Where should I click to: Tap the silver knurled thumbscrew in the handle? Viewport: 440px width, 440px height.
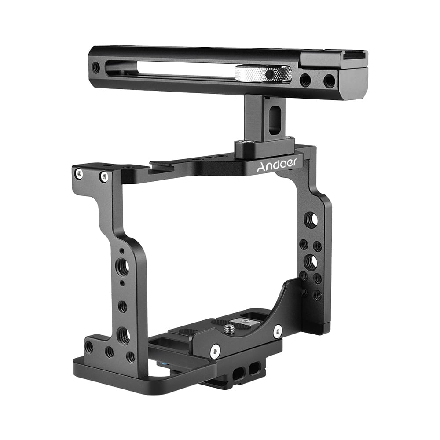pyautogui.click(x=263, y=73)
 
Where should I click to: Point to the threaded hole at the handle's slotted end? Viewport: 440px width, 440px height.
pyautogui.click(x=95, y=67)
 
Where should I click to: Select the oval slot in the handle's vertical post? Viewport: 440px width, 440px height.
pyautogui.click(x=274, y=119)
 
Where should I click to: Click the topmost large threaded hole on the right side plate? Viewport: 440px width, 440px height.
pyautogui.click(x=311, y=220)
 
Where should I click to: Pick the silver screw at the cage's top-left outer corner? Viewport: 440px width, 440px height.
pyautogui.click(x=79, y=173)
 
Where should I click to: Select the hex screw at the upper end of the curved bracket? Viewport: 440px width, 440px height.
pyautogui.click(x=277, y=332)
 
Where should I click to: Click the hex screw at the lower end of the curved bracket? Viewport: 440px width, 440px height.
pyautogui.click(x=214, y=351)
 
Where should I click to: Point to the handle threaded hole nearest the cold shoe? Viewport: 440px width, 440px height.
pyautogui.click(x=329, y=81)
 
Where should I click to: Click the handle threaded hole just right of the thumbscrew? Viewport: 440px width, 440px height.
pyautogui.click(x=305, y=80)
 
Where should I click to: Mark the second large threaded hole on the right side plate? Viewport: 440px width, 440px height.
pyautogui.click(x=311, y=262)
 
